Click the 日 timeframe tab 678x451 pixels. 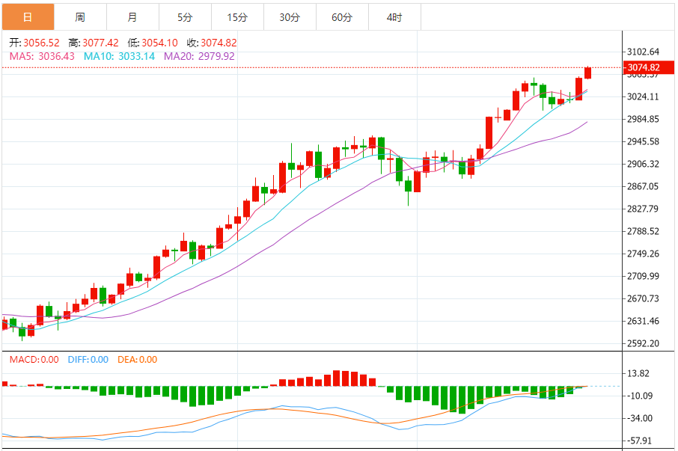point(28,16)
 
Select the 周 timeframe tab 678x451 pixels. point(80,16)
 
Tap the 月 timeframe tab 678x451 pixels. point(132,16)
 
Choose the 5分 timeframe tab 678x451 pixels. point(185,16)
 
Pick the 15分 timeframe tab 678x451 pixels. point(237,16)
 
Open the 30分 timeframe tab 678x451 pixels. point(290,16)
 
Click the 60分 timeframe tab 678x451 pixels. point(342,16)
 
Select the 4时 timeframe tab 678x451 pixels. point(394,16)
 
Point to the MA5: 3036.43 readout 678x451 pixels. point(42,56)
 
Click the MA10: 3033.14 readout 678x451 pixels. point(119,56)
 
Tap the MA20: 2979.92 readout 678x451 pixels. point(199,56)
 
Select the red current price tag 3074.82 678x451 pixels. point(644,67)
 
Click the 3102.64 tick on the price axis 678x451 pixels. point(644,52)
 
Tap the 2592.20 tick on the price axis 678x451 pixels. point(644,344)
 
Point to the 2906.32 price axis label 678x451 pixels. point(644,164)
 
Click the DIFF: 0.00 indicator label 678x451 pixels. point(88,360)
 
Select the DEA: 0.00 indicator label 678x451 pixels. point(138,360)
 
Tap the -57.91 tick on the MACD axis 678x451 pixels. point(643,441)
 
